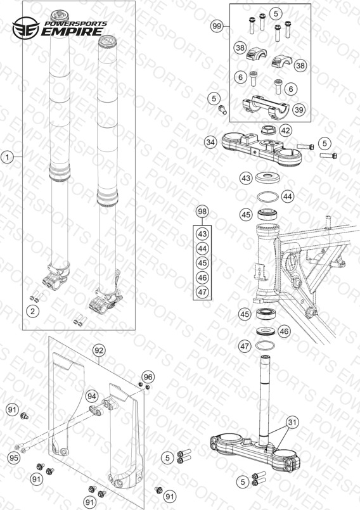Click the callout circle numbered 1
pyautogui.click(x=8, y=157)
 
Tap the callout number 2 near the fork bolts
pyautogui.click(x=32, y=311)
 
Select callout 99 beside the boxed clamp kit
pyautogui.click(x=217, y=26)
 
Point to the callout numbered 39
pyautogui.click(x=299, y=110)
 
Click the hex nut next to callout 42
pyautogui.click(x=269, y=130)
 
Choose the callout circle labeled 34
pyautogui.click(x=211, y=142)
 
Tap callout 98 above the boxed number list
pyautogui.click(x=202, y=212)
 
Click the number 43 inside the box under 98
pyautogui.click(x=202, y=234)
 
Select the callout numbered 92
pyautogui.click(x=99, y=350)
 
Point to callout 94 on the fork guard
pyautogui.click(x=92, y=396)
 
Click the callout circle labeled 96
pyautogui.click(x=148, y=377)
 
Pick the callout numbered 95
pyautogui.click(x=14, y=458)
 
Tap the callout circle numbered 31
pyautogui.click(x=293, y=423)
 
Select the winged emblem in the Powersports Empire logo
pyautogui.click(x=26, y=29)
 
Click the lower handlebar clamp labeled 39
pyautogui.click(x=266, y=106)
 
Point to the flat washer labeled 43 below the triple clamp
pyautogui.click(x=267, y=177)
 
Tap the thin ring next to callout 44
pyautogui.click(x=268, y=197)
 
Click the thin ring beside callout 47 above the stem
pyautogui.click(x=266, y=346)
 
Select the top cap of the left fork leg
pyautogui.click(x=61, y=15)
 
